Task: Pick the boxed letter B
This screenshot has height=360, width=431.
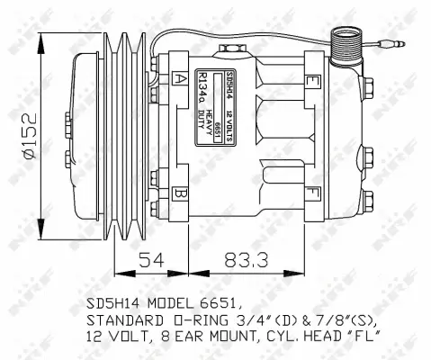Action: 181,193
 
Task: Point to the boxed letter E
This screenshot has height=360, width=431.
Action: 311,82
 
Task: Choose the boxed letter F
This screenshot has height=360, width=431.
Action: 311,192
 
